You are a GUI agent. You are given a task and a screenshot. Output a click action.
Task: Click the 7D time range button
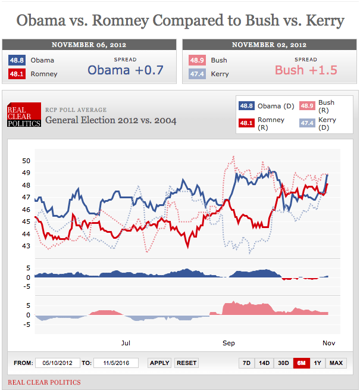tap(246, 363)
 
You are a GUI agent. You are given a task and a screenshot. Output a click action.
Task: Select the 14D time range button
tap(264, 363)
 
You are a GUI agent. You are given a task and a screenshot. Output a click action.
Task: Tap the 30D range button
tap(283, 363)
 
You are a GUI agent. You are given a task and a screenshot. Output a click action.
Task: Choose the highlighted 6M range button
tap(302, 363)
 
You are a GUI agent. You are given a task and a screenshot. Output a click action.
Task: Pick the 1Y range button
tap(318, 363)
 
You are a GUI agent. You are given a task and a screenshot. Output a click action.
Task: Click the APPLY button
tap(159, 363)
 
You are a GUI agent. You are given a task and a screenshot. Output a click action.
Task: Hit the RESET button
tap(186, 363)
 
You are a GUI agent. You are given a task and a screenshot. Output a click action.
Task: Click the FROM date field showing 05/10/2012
tap(58, 363)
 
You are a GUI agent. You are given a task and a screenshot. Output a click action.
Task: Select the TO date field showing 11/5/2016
tap(116, 363)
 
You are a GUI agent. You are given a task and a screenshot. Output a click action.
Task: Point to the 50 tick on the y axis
tap(26, 161)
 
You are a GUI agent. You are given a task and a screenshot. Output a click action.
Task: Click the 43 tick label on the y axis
tap(26, 246)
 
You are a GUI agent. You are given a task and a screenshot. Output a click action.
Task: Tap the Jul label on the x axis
tap(126, 343)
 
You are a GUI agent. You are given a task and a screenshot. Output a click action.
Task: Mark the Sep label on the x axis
tap(228, 343)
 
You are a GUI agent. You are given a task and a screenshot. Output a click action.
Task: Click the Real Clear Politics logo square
tap(24, 115)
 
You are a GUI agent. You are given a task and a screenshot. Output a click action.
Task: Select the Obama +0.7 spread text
tap(125, 70)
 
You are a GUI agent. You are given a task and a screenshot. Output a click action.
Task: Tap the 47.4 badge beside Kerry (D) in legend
tap(307, 123)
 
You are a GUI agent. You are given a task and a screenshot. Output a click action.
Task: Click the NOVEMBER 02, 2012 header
tap(269, 45)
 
